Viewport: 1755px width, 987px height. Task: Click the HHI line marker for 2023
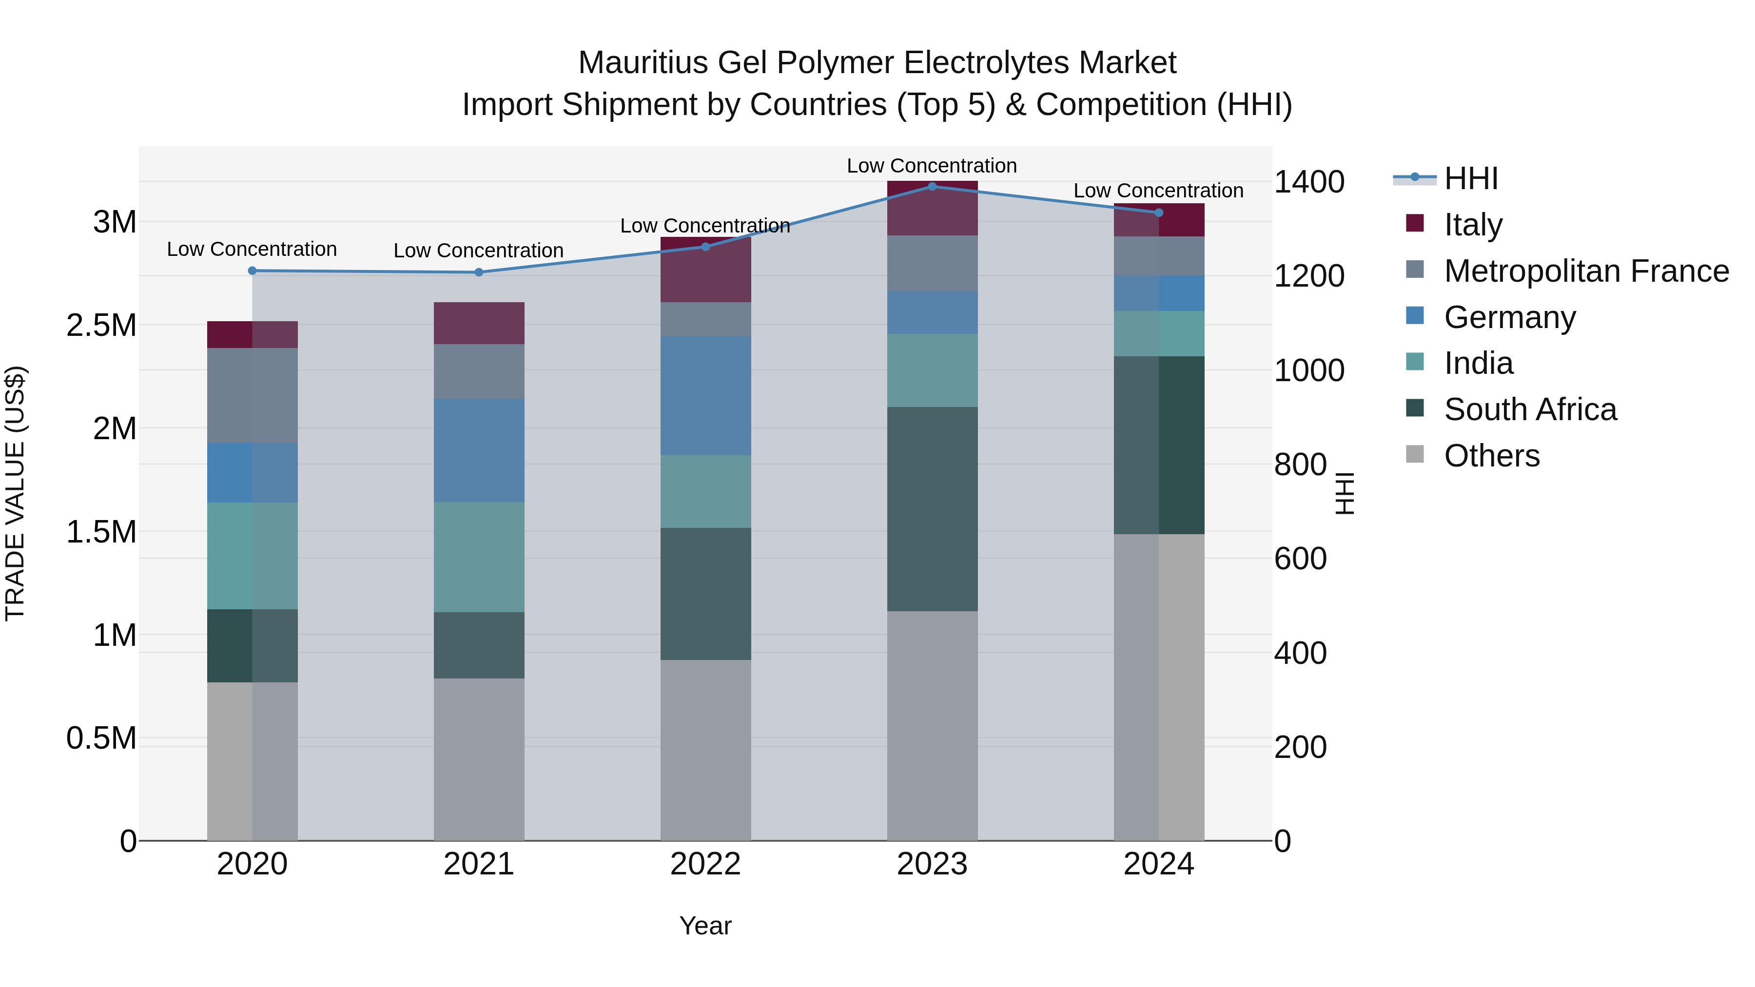pyautogui.click(x=932, y=187)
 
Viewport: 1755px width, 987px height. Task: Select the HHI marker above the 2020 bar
pyautogui.click(x=252, y=271)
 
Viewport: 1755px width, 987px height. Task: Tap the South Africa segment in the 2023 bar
pyautogui.click(x=932, y=509)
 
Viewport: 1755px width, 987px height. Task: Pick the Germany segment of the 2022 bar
pyautogui.click(x=705, y=395)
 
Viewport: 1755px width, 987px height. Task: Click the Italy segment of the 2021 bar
pyautogui.click(x=479, y=323)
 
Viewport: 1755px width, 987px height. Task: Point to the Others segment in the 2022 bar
pyautogui.click(x=705, y=749)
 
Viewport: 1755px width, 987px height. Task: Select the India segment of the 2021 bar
pyautogui.click(x=479, y=557)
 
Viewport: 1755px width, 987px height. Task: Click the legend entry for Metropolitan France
pyautogui.click(x=1586, y=271)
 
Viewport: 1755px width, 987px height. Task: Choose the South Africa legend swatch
pyautogui.click(x=1414, y=409)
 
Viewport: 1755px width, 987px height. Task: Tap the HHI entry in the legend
pyautogui.click(x=1470, y=178)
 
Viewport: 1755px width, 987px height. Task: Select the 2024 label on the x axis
pyautogui.click(x=1158, y=864)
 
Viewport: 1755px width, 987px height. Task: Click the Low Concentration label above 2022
pyautogui.click(x=705, y=226)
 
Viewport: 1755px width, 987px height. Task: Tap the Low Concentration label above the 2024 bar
pyautogui.click(x=1158, y=191)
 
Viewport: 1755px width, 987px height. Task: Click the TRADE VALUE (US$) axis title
pyautogui.click(x=15, y=493)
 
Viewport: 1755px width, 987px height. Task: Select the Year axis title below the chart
pyautogui.click(x=705, y=926)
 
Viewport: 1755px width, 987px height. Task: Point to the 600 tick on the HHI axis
pyautogui.click(x=1300, y=559)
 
